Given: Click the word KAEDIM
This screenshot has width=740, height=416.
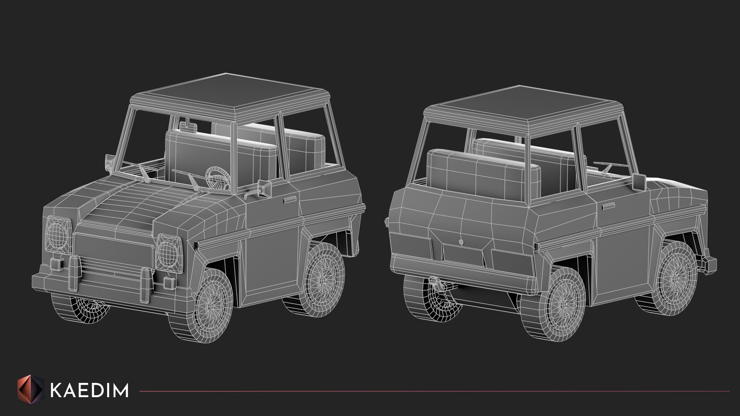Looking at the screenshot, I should [89, 391].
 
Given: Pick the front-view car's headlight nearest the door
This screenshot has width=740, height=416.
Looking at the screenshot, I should [169, 252].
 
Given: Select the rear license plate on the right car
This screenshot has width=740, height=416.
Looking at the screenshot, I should [462, 254].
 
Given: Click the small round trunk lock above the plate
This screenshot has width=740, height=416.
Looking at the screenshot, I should [461, 242].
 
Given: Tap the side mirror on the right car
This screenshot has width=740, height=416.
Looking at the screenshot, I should [639, 181].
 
